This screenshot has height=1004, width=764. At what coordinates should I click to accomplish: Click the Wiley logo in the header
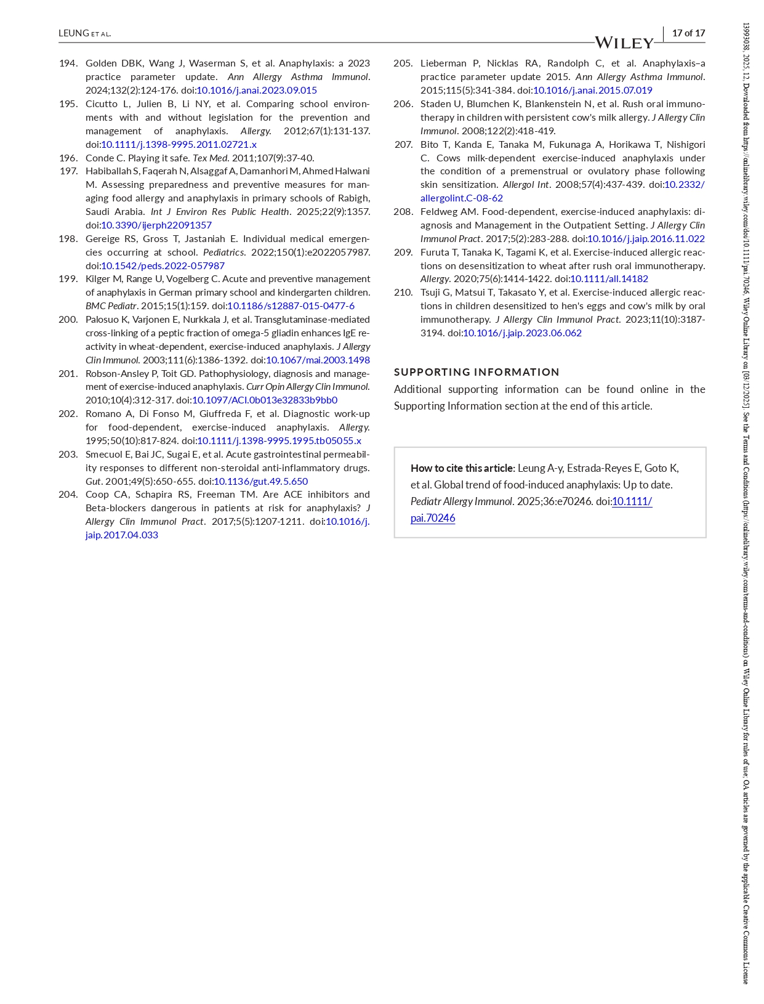tap(624, 43)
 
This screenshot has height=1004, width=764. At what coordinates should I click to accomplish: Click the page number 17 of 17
tap(688, 33)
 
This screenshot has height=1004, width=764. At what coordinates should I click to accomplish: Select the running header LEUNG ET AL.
tap(84, 33)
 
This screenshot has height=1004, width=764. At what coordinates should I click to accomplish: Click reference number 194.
tap(68, 63)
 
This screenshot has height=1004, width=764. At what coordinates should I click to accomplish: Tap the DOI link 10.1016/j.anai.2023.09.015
tap(257, 91)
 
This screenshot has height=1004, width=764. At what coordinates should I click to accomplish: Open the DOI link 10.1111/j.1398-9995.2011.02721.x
tap(179, 145)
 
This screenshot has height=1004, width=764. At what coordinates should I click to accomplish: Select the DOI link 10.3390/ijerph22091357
tap(156, 225)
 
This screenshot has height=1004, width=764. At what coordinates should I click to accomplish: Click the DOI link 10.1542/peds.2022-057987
tap(163, 266)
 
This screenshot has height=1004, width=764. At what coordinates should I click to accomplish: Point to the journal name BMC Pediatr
tap(111, 306)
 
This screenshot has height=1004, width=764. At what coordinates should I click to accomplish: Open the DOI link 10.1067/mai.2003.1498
tap(318, 360)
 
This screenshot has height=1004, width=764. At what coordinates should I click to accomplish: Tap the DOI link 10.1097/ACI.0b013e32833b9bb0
tap(265, 400)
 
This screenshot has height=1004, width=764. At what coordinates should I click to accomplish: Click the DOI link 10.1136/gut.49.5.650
tap(260, 482)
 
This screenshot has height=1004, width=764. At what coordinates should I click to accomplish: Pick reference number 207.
tap(403, 145)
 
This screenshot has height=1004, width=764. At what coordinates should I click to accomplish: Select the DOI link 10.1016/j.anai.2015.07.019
tap(592, 91)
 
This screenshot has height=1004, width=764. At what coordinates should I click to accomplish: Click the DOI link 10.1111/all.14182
tap(609, 279)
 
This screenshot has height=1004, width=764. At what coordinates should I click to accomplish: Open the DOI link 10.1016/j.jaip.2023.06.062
tap(522, 333)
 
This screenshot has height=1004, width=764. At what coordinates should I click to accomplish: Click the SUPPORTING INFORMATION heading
tap(476, 372)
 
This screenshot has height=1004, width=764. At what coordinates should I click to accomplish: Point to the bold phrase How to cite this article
tap(462, 468)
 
